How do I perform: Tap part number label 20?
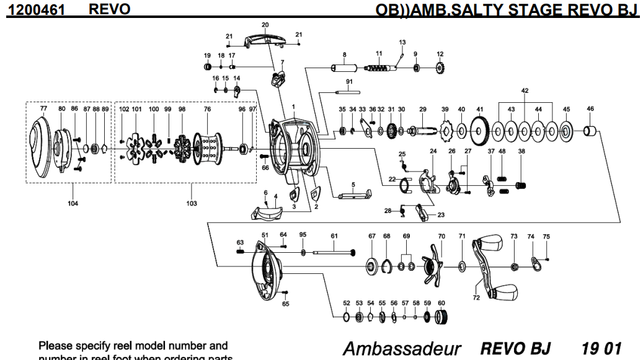[265, 25]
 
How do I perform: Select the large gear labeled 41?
[479, 131]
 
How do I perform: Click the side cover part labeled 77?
[43, 149]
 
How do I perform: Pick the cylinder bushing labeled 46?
[591, 131]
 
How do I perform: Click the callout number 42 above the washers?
[525, 91]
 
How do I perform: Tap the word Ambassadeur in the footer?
[396, 347]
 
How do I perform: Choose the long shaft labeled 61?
[335, 252]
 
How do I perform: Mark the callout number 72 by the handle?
[476, 298]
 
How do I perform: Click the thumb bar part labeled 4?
[265, 213]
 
